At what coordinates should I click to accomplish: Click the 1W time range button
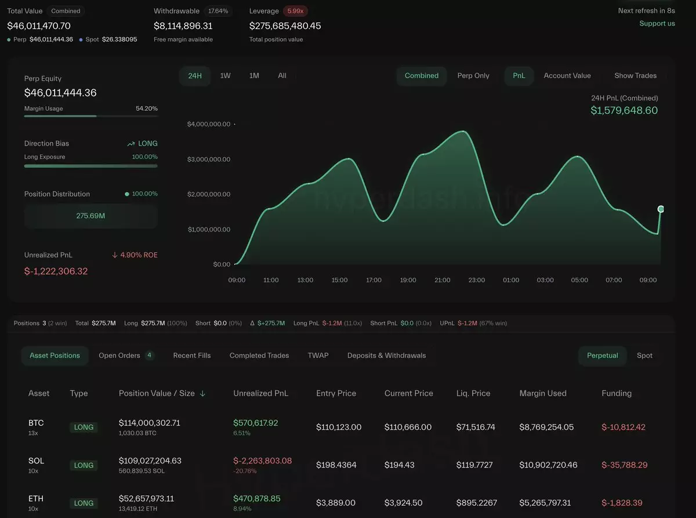click(x=225, y=75)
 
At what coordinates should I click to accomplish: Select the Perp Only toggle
click(x=473, y=75)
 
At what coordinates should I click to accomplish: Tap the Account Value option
click(x=567, y=75)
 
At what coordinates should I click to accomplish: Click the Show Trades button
click(x=635, y=75)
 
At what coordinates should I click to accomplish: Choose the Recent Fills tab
click(x=192, y=356)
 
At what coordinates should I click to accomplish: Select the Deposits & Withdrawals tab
click(x=386, y=356)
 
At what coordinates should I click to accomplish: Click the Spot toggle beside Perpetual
click(x=644, y=356)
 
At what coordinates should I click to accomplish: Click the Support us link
click(x=657, y=24)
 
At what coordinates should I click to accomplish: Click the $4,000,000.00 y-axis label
click(x=209, y=124)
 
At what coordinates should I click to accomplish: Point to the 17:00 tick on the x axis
click(x=374, y=280)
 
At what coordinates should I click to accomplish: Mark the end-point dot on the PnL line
click(x=661, y=209)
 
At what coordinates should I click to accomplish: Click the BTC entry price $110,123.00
click(x=339, y=428)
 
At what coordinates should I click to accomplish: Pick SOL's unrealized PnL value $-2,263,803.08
click(x=262, y=461)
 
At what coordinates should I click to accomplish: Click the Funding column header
click(x=617, y=393)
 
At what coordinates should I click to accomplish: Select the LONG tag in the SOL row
click(x=84, y=465)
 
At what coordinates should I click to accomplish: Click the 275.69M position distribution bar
click(x=90, y=216)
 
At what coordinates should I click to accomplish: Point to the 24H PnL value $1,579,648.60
click(x=624, y=110)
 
